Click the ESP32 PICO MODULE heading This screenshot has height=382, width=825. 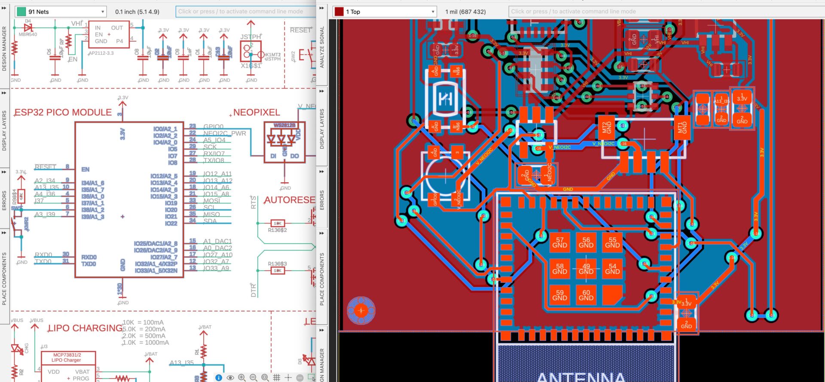[63, 113]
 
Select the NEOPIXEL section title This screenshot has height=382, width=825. [257, 113]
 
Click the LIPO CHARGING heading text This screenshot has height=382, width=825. [85, 328]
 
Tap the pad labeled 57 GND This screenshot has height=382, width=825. [559, 243]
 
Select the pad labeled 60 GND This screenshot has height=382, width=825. [586, 295]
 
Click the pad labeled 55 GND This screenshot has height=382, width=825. [612, 243]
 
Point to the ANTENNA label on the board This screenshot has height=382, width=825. [581, 376]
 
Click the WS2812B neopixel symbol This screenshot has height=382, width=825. [284, 141]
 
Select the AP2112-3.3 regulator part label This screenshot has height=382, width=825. [101, 53]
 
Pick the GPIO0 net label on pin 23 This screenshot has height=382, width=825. [213, 126]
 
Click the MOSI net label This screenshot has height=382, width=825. [211, 201]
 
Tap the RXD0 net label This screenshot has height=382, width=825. [43, 255]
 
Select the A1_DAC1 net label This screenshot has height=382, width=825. [217, 241]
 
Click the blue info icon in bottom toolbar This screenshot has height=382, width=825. [219, 378]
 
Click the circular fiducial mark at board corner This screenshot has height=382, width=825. [361, 310]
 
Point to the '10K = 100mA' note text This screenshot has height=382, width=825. [143, 322]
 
